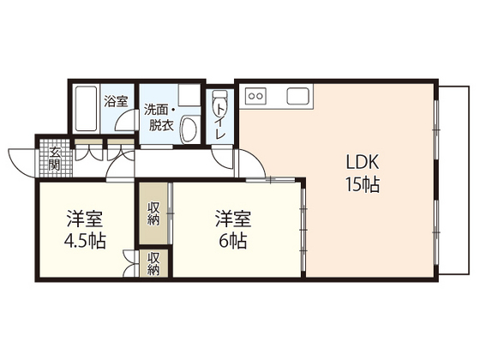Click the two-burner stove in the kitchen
point(256,95)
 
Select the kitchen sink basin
point(302,95)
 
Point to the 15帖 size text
point(363,183)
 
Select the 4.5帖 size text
point(85,241)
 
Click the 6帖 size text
point(232,241)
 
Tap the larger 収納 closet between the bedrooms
point(153,213)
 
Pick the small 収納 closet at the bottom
point(153,263)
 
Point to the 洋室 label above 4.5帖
point(85,218)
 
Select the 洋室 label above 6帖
point(232,218)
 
